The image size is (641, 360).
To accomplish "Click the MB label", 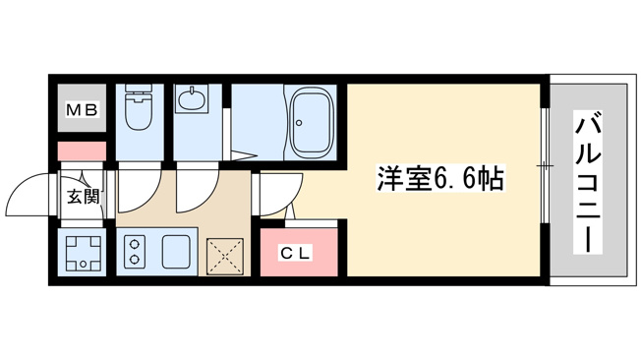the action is click(82, 109).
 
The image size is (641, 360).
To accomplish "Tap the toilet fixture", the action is click(139, 107).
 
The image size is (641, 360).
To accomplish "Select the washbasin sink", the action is click(192, 98).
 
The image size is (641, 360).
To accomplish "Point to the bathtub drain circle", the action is click(299, 122).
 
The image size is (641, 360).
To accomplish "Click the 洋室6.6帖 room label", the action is click(440, 178).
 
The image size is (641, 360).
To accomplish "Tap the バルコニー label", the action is click(588, 182).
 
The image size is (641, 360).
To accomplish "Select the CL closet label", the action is click(296, 253).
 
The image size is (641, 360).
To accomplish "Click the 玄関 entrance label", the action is click(83, 197).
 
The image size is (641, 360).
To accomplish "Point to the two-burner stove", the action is click(135, 252).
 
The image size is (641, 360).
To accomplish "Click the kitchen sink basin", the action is click(176, 252).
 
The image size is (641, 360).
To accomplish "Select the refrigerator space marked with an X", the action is click(225, 257).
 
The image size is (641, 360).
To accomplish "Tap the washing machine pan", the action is click(83, 253).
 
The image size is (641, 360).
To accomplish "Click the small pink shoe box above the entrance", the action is click(82, 151).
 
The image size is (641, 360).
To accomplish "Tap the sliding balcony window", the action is click(544, 165).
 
